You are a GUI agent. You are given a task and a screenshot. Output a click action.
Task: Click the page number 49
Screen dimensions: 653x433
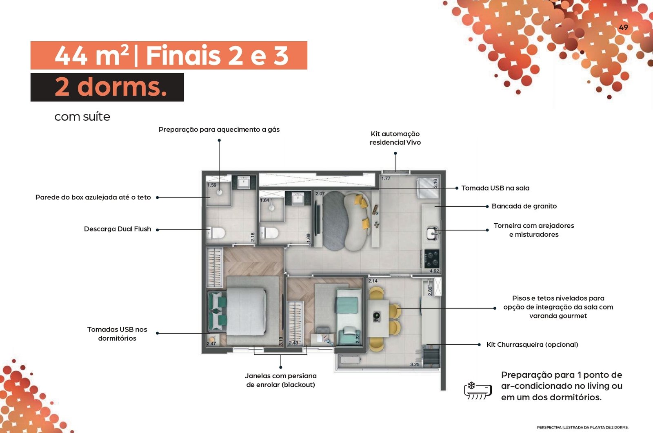coord(623,27)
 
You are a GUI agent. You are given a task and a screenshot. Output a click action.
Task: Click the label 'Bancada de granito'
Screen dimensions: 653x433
coord(524,206)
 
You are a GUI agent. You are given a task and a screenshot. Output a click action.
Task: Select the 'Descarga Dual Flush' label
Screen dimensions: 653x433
coord(118,229)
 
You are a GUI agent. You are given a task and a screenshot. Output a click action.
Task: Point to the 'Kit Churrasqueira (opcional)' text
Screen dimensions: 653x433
coord(532,345)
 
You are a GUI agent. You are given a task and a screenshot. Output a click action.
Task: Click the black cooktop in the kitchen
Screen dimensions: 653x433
coord(432,258)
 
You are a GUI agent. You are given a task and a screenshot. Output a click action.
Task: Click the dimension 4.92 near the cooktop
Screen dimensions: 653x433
coord(434,271)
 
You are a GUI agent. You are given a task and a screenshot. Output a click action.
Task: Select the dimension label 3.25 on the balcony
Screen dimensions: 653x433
coord(415,364)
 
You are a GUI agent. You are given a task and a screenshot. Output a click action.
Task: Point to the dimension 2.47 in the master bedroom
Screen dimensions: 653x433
coord(211,343)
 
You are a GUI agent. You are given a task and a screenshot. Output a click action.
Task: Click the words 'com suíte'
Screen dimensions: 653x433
coord(82,117)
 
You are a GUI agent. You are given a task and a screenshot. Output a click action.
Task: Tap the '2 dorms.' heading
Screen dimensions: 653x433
coord(111,86)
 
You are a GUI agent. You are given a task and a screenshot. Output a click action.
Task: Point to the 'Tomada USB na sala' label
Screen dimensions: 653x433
coord(495,188)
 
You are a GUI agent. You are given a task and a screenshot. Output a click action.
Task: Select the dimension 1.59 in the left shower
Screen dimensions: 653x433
coord(212,185)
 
